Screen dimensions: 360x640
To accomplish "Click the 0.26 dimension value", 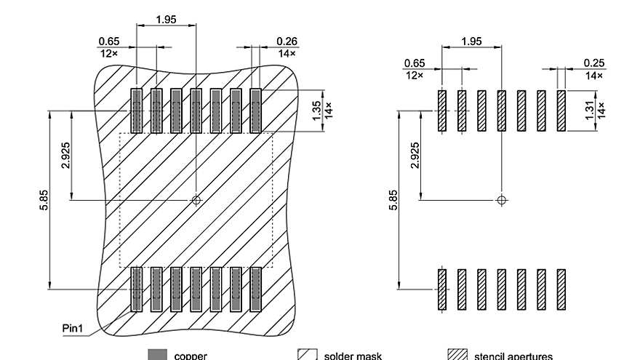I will (x=287, y=41).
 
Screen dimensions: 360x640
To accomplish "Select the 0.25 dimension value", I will (x=593, y=63).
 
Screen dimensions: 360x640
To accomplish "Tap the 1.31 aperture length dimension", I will (x=590, y=111).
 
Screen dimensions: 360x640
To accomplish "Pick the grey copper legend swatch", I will (x=157, y=355).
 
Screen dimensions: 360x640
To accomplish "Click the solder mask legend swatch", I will (x=308, y=355).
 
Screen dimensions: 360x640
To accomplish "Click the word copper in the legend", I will (x=191, y=356).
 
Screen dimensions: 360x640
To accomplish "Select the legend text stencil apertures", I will (x=513, y=356).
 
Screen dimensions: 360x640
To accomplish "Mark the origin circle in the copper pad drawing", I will (x=196, y=199).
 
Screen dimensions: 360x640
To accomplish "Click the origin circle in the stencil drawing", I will (x=501, y=199).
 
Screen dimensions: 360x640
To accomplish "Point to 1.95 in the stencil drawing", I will (x=471, y=41).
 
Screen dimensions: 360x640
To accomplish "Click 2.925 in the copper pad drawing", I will (x=66, y=154).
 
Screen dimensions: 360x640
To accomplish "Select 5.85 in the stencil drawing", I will (x=393, y=200).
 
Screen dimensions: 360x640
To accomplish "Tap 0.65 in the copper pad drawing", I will (x=108, y=41).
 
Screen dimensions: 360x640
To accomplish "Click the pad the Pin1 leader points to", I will (x=136, y=289).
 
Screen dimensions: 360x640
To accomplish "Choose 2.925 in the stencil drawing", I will (x=415, y=154).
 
